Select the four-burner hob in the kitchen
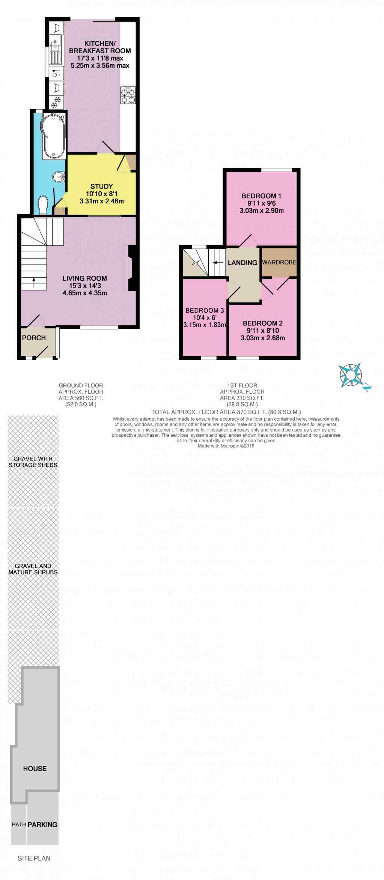(x=128, y=95)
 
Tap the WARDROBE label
(x=279, y=262)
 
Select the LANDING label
(x=242, y=263)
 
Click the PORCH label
(x=34, y=338)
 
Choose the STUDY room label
(x=102, y=186)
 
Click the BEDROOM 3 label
(x=205, y=310)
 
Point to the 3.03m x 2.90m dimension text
(x=262, y=211)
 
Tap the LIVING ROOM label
(x=85, y=278)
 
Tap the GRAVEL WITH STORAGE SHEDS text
(x=33, y=462)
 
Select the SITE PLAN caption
(x=34, y=858)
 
